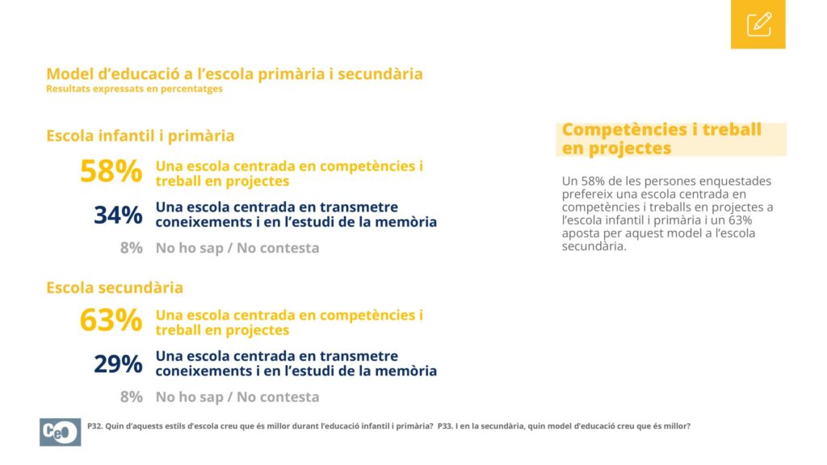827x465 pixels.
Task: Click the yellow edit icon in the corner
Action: pyautogui.click(x=758, y=24)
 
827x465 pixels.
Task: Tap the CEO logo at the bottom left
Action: pyautogui.click(x=60, y=433)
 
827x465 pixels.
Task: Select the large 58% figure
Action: pyautogui.click(x=111, y=171)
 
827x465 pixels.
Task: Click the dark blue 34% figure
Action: pyautogui.click(x=118, y=215)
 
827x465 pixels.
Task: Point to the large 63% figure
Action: pyautogui.click(x=111, y=320)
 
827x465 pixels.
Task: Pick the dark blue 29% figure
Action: pyautogui.click(x=118, y=364)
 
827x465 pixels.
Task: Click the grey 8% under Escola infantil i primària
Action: pyautogui.click(x=132, y=248)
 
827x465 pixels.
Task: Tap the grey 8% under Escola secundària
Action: pyautogui.click(x=132, y=396)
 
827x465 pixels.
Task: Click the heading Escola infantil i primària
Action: pyautogui.click(x=141, y=136)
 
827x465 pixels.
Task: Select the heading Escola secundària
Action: pyautogui.click(x=115, y=288)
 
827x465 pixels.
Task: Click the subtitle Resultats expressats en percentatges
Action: pyautogui.click(x=135, y=89)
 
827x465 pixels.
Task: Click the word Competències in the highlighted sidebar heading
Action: pyautogui.click(x=624, y=130)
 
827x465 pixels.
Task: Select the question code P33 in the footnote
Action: pyautogui.click(x=445, y=426)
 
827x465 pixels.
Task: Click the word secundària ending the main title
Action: pyautogui.click(x=380, y=73)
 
